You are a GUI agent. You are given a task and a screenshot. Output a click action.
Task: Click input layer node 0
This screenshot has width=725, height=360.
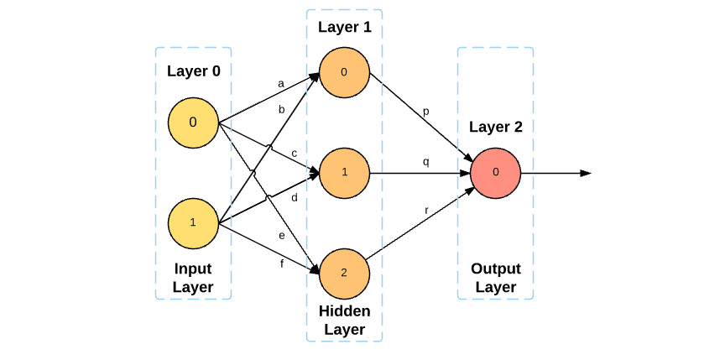[x=193, y=123]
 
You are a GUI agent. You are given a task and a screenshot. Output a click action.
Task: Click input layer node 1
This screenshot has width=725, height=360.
[x=193, y=222]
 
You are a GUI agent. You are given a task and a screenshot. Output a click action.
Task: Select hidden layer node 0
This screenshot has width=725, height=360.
[x=344, y=72]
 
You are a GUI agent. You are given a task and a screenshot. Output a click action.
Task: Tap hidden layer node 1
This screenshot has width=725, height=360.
[x=344, y=173]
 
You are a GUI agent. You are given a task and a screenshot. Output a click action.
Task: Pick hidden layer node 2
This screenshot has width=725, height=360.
[x=344, y=274]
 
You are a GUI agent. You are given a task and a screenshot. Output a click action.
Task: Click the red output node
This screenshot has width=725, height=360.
[x=495, y=173]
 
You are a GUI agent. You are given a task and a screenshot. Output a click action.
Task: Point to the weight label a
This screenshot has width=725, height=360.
[x=281, y=84]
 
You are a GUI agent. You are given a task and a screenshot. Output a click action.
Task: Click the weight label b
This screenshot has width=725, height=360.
[x=282, y=110]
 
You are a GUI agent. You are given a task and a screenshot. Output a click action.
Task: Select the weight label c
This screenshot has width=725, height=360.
[x=295, y=154]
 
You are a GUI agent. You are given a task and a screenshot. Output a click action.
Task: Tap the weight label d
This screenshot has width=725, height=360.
[x=295, y=198]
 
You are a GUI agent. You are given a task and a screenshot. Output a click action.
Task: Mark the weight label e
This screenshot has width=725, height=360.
[x=282, y=235]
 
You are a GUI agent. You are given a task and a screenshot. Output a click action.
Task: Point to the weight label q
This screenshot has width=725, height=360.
[x=425, y=162]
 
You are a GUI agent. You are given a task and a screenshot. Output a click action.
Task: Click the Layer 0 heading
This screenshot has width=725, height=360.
[x=193, y=71]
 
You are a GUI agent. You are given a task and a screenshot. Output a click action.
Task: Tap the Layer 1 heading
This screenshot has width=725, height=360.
[x=344, y=27]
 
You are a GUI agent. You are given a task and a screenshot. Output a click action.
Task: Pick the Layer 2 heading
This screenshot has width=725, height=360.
[x=495, y=128]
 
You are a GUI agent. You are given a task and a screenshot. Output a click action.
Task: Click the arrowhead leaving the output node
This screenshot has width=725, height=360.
[x=586, y=173]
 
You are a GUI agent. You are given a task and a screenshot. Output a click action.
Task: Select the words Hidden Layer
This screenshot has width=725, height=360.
[x=344, y=320]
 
